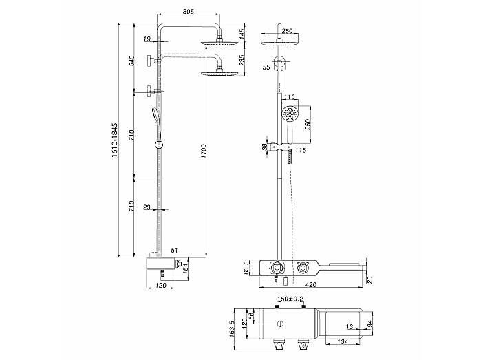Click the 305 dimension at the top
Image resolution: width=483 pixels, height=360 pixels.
point(189,12)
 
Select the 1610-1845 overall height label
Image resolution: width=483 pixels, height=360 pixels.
point(115,140)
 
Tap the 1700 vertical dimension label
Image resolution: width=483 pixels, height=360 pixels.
point(203,151)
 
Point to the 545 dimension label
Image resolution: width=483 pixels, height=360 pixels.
point(132,61)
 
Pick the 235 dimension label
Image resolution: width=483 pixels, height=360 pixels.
point(242,61)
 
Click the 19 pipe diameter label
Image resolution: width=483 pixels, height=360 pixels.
point(147,39)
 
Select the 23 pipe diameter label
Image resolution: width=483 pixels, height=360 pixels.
point(147,207)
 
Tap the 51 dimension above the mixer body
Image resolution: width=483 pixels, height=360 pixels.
point(174,251)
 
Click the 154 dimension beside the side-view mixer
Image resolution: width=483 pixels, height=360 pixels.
point(186,268)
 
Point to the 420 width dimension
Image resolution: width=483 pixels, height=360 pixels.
point(311,285)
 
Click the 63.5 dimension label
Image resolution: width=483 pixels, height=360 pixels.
point(246,268)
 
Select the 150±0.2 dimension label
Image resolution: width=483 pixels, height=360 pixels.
point(290,299)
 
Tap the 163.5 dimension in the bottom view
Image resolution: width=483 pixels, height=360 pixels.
point(233,329)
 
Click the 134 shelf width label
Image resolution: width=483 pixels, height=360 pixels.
point(342,341)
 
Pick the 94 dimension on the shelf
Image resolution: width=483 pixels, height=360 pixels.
point(370,324)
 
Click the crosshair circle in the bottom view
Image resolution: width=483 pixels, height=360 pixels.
point(280,324)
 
